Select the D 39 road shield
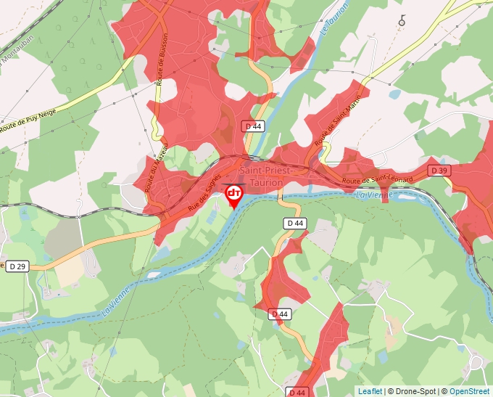tap(438, 170)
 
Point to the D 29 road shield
tap(17, 267)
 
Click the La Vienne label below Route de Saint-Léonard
tap(375, 195)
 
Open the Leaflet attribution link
tap(370, 391)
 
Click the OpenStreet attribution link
tap(471, 391)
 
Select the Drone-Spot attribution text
tap(416, 391)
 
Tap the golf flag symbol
tap(402, 21)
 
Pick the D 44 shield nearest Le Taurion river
tap(254, 126)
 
